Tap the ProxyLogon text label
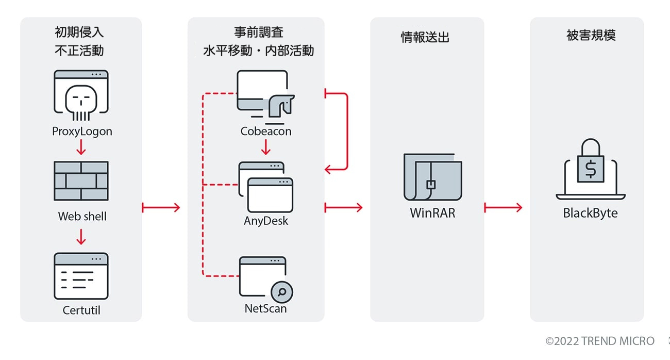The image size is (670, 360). [82, 132]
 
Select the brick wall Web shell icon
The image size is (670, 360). [81, 181]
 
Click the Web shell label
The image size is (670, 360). [82, 216]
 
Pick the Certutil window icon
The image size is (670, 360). [81, 276]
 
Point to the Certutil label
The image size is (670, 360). [81, 310]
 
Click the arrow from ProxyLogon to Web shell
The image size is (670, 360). [81, 148]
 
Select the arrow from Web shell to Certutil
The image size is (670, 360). [81, 237]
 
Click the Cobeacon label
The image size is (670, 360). [266, 132]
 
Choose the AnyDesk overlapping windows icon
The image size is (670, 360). [266, 187]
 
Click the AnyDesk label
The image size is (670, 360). [266, 221]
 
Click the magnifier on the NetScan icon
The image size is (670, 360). [282, 292]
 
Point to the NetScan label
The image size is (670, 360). [266, 309]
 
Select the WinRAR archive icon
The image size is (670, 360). [432, 177]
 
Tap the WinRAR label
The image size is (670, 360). [432, 212]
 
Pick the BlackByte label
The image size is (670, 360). [590, 213]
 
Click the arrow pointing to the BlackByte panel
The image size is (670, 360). [503, 207]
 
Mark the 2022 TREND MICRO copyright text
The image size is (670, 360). [600, 341]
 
